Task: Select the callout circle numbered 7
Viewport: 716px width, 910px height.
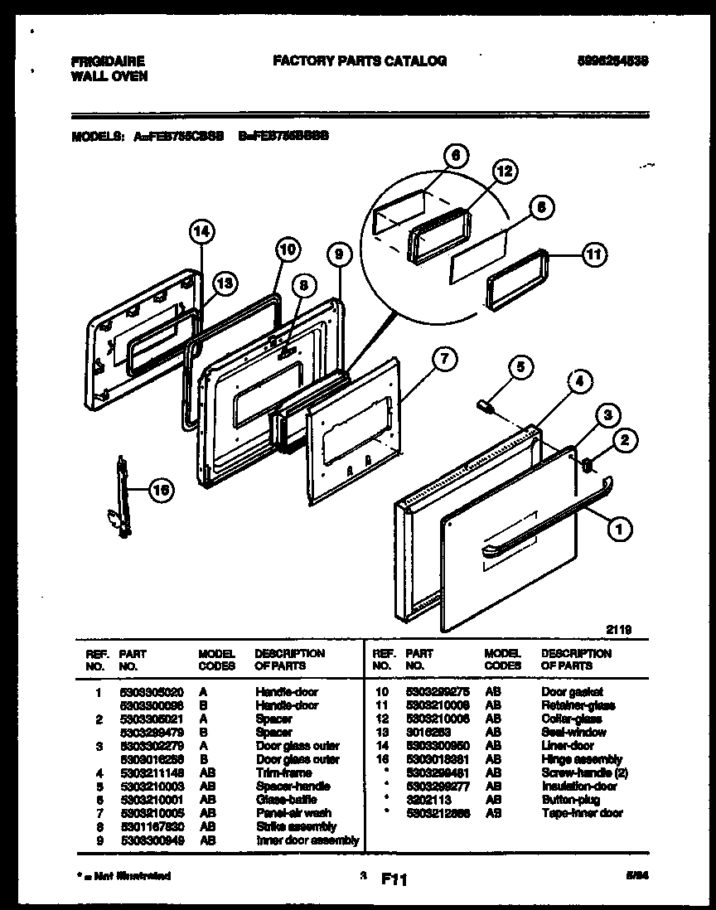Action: [444, 359]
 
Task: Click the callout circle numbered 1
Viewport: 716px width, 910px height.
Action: [617, 525]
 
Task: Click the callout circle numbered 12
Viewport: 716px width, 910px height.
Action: [505, 172]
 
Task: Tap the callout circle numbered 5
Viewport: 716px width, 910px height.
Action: [520, 365]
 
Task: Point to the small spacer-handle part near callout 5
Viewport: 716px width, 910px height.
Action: [486, 406]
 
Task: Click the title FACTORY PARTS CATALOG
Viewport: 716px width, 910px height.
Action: [359, 61]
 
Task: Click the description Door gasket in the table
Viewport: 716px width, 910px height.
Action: [572, 691]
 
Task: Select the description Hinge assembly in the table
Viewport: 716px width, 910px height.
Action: [581, 759]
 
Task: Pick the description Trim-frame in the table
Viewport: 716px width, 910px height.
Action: [283, 772]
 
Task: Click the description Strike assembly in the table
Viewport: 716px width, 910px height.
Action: [296, 826]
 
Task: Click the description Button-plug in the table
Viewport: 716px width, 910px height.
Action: [571, 800]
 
